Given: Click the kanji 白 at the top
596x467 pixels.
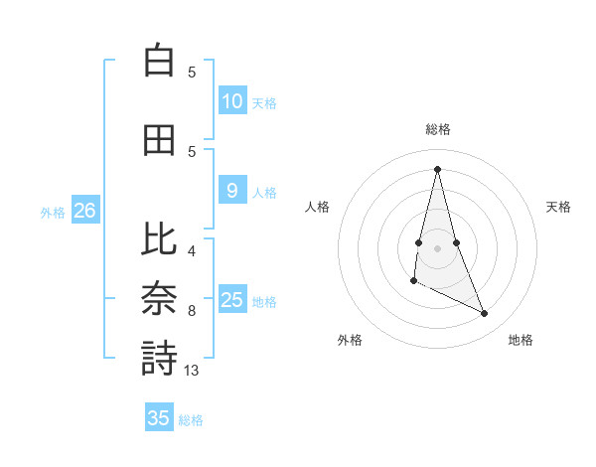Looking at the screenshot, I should click(159, 61).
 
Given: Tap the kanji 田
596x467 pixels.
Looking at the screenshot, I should click(159, 140).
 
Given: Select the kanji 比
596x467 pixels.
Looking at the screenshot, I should click(159, 239).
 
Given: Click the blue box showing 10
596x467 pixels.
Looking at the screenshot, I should click(232, 100).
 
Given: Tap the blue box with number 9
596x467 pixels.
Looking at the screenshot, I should click(232, 191).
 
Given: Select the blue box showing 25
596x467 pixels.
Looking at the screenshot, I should click(232, 300).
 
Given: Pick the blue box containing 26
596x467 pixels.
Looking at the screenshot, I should click(85, 211).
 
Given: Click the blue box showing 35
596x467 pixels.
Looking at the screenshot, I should click(159, 418).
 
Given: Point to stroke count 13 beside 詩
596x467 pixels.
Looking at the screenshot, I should click(192, 371).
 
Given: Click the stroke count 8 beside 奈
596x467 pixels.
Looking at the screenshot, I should click(192, 311).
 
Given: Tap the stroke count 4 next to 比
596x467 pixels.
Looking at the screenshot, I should click(192, 251).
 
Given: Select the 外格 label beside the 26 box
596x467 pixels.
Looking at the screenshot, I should click(53, 212).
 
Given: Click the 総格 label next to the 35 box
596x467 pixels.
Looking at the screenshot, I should click(191, 420).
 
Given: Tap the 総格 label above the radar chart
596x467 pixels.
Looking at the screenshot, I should click(437, 129).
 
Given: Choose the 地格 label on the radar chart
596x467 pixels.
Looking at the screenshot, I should click(521, 340).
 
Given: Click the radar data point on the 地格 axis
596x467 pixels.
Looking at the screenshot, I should click(485, 314).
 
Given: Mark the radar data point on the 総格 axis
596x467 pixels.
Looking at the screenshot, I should click(437, 169).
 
